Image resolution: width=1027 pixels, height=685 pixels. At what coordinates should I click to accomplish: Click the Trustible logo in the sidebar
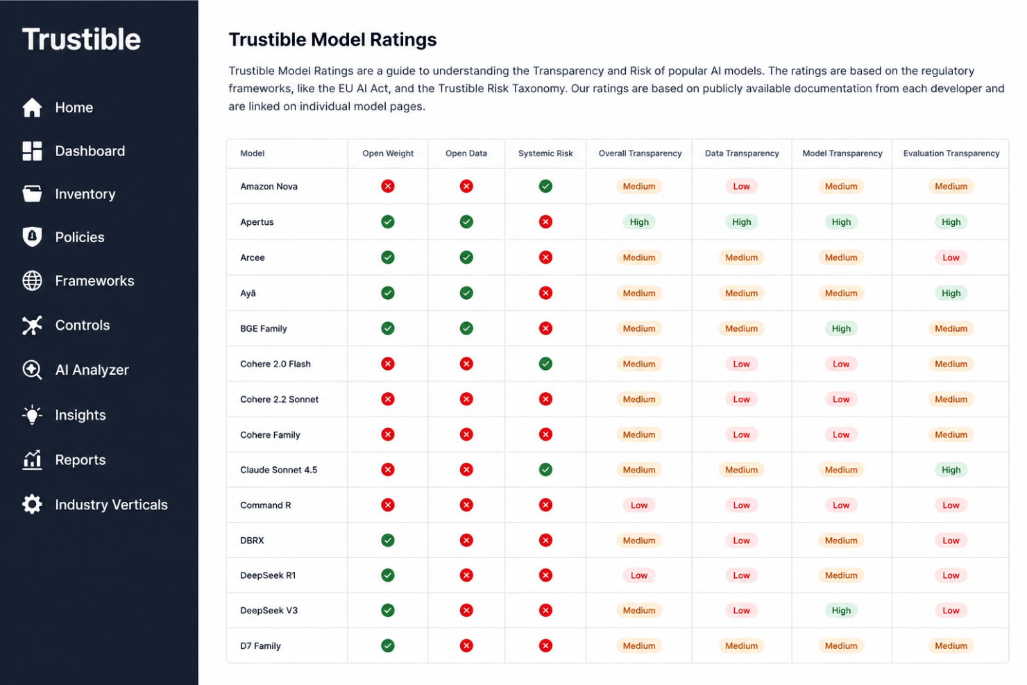[x=81, y=39]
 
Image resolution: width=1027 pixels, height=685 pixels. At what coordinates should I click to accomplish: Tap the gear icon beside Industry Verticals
[x=32, y=505]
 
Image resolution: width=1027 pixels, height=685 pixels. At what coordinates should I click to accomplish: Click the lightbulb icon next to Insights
[x=32, y=414]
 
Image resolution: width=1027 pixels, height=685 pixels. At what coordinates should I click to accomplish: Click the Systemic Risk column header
[x=545, y=153]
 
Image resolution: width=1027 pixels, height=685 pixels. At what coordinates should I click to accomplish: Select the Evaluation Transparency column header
[x=951, y=153]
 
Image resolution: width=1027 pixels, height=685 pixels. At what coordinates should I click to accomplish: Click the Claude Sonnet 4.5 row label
[x=279, y=469]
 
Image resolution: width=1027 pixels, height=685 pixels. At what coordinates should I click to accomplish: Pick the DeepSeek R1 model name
[x=268, y=575]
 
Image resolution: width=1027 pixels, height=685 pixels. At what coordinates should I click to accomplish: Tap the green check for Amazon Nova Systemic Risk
[x=545, y=186]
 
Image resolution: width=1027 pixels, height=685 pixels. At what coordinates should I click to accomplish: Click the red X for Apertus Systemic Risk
[x=545, y=222]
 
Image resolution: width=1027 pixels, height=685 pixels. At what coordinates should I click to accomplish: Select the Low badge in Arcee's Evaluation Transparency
[x=951, y=257]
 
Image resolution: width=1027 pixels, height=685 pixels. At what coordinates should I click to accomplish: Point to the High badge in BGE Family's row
[x=841, y=328]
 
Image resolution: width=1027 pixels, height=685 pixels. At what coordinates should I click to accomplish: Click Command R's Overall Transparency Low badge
[x=639, y=505]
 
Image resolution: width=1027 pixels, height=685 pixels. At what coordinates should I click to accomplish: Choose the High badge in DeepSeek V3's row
[x=841, y=610]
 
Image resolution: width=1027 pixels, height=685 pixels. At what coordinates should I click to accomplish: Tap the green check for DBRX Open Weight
[x=388, y=540]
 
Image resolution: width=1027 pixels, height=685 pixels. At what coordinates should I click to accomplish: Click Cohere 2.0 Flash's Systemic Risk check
[x=545, y=364]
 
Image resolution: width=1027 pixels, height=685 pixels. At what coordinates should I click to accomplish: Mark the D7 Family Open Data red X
[x=466, y=645]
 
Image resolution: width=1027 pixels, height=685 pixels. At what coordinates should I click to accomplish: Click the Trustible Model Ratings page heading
[x=332, y=40]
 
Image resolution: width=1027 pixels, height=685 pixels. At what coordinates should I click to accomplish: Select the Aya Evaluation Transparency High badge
[x=951, y=293]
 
